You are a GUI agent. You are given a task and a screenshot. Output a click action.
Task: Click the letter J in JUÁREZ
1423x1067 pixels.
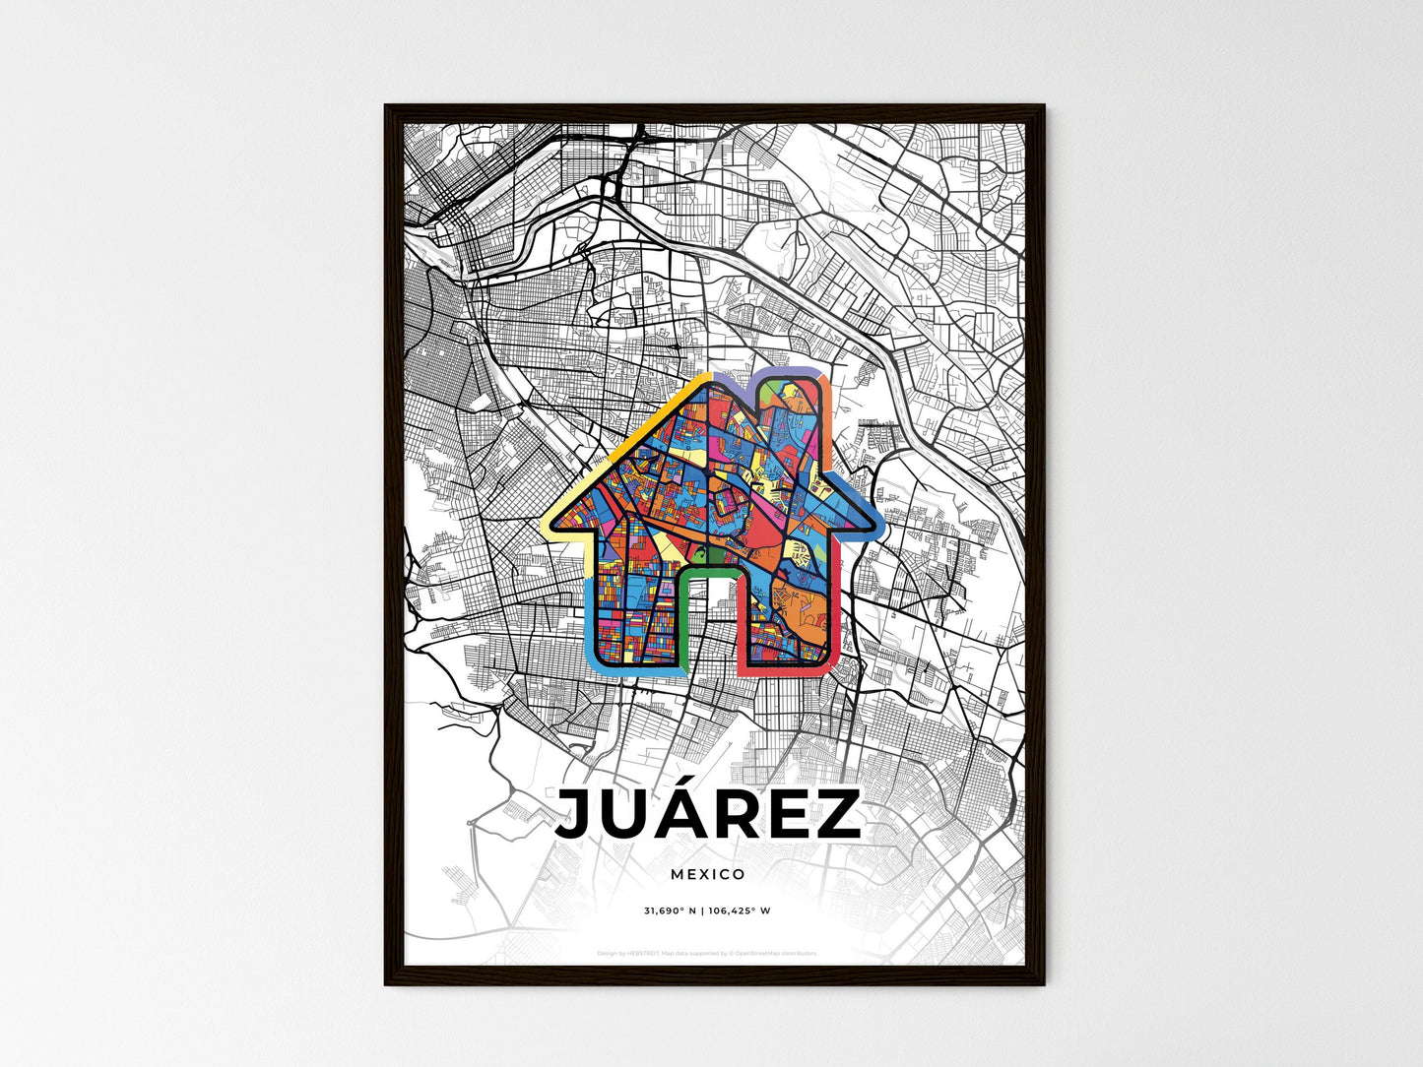pos(577,815)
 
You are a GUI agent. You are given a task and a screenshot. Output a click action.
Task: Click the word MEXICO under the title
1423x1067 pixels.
pos(708,874)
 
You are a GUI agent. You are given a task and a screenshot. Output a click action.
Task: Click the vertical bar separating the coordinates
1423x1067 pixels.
pos(701,910)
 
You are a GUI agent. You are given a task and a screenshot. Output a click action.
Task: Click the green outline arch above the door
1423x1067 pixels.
pos(708,570)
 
